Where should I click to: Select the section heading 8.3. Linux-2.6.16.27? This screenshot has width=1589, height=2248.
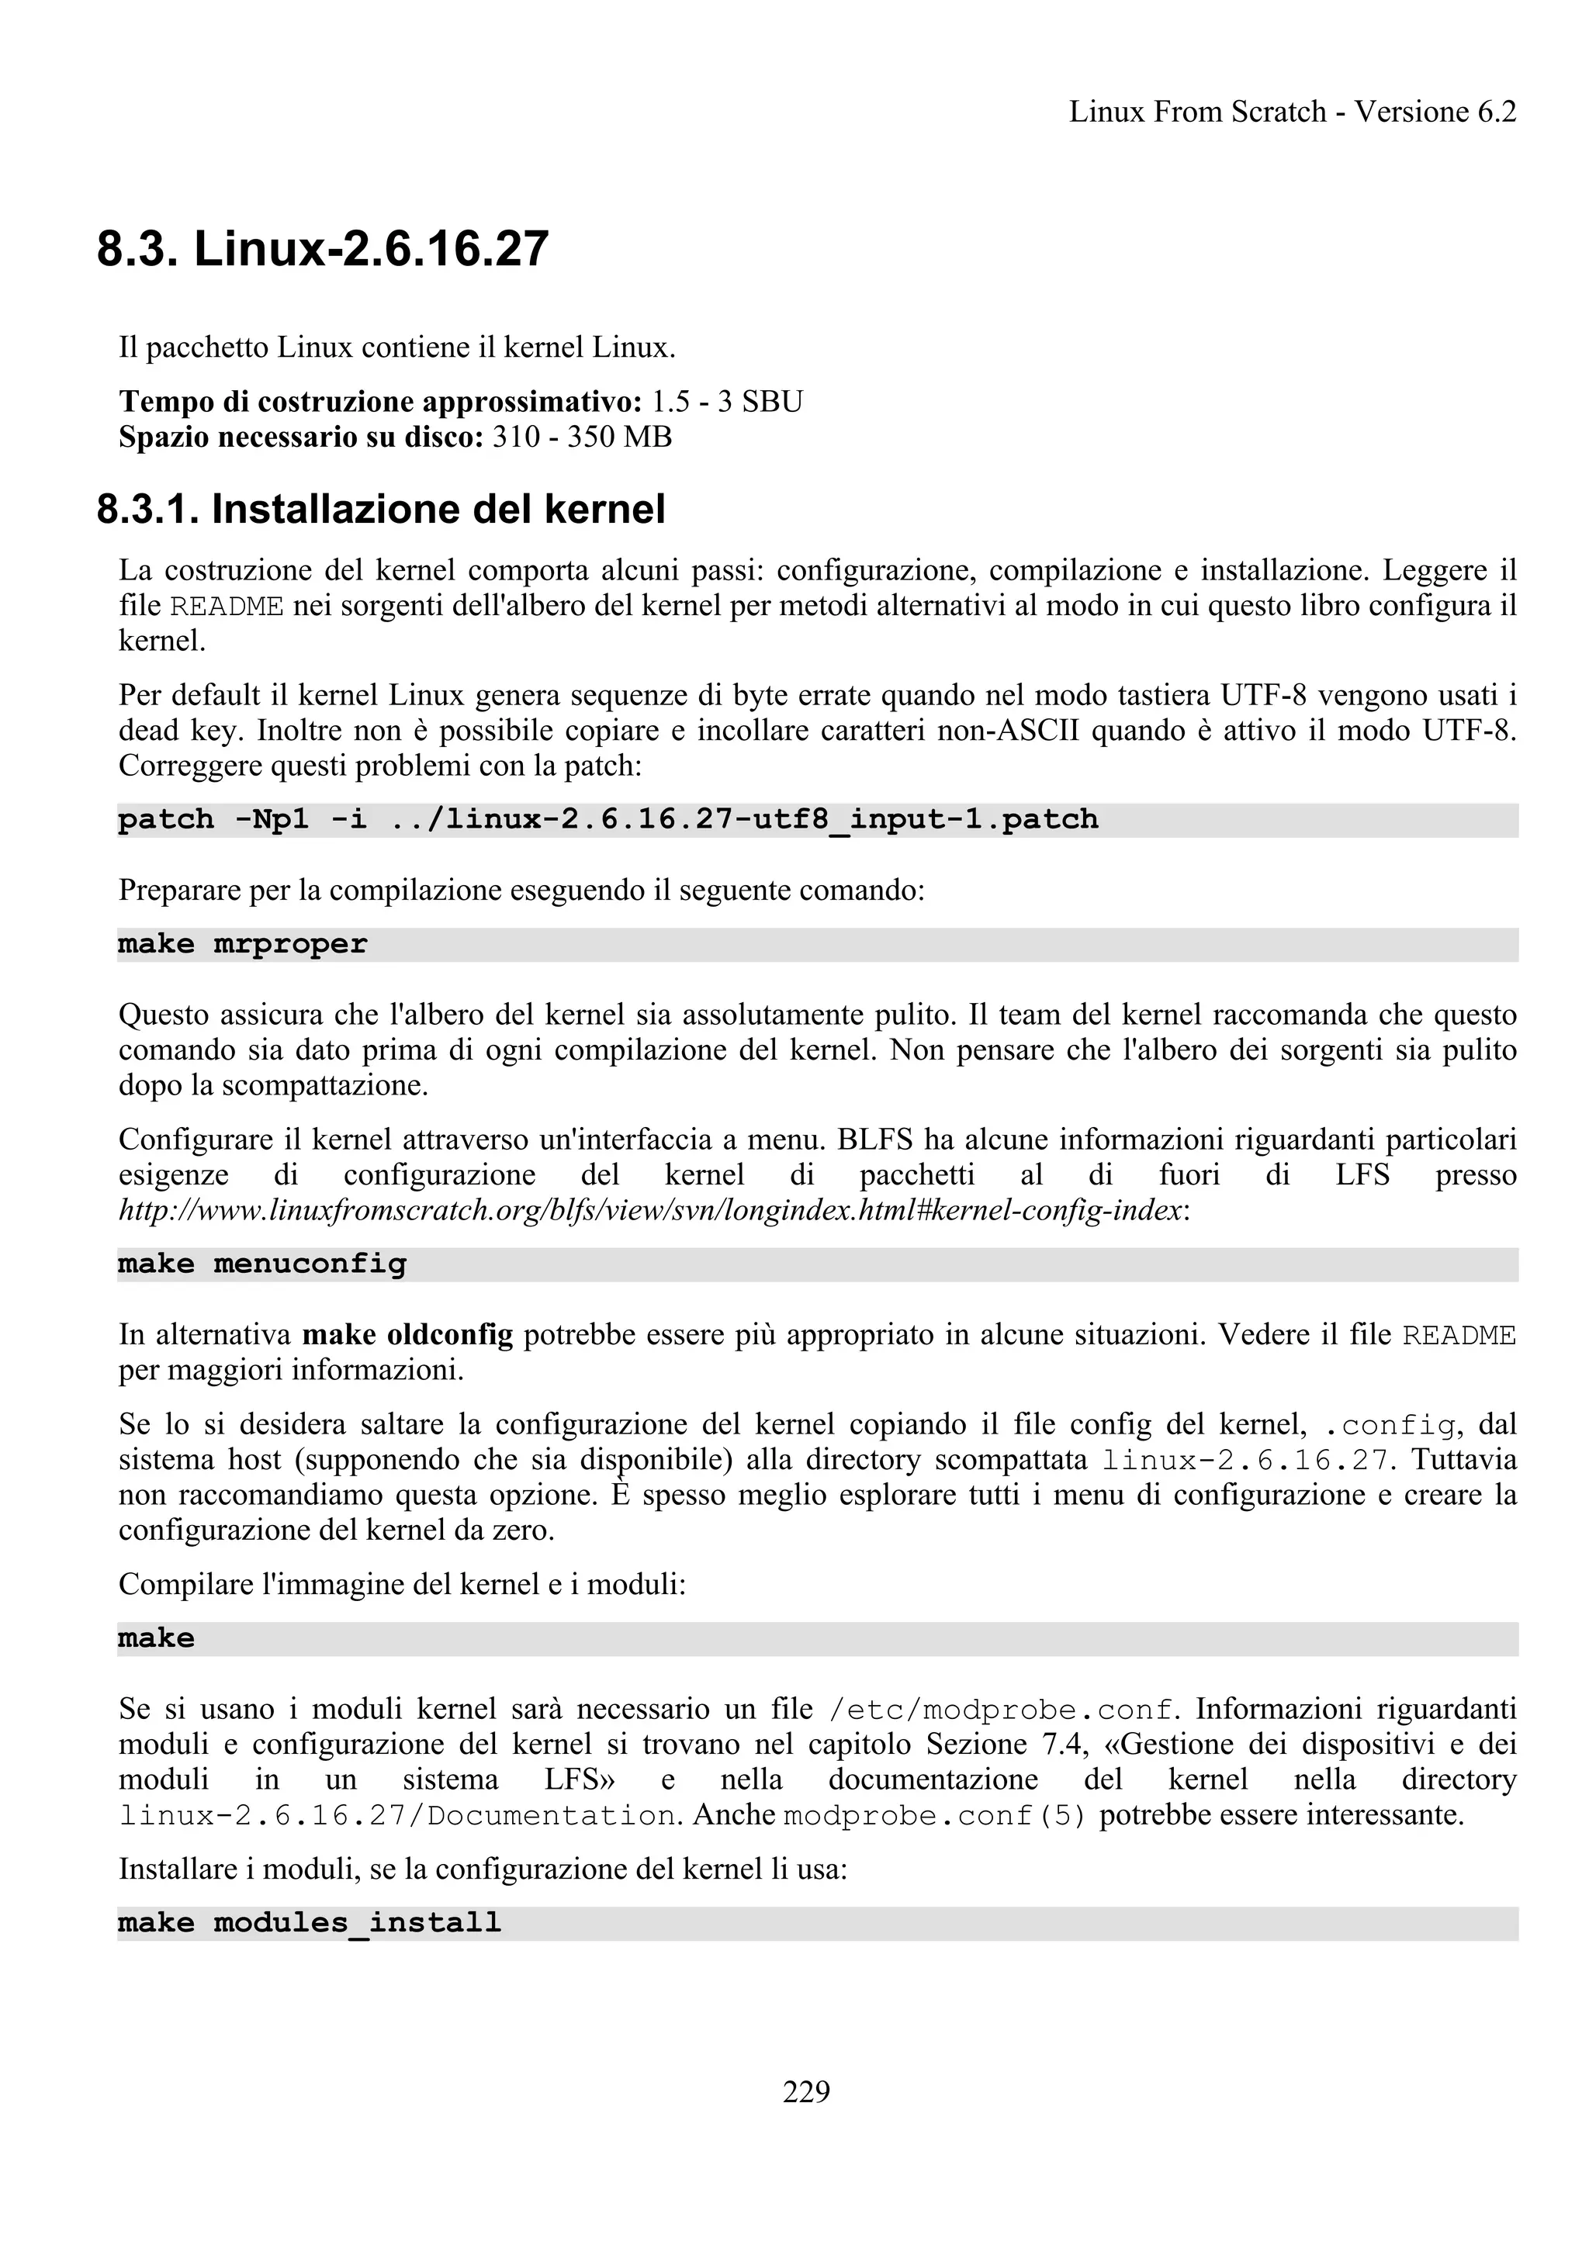pos(322,249)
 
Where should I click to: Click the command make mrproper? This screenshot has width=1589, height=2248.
pos(242,944)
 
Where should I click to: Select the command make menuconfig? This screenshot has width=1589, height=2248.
pos(261,1264)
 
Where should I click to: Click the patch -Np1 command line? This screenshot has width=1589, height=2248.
pos(607,819)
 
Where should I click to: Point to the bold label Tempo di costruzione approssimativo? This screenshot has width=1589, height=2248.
pos(379,402)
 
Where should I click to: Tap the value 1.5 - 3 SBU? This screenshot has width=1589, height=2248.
pos(726,402)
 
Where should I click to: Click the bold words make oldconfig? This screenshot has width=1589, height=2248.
pos(407,1334)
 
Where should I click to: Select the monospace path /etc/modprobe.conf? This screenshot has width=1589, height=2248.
pos(999,1710)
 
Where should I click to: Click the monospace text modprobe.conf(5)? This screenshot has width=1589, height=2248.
pos(935,1816)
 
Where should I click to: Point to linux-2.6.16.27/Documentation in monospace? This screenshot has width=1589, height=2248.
pos(396,1816)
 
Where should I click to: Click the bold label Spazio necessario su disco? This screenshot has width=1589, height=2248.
pos(300,437)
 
